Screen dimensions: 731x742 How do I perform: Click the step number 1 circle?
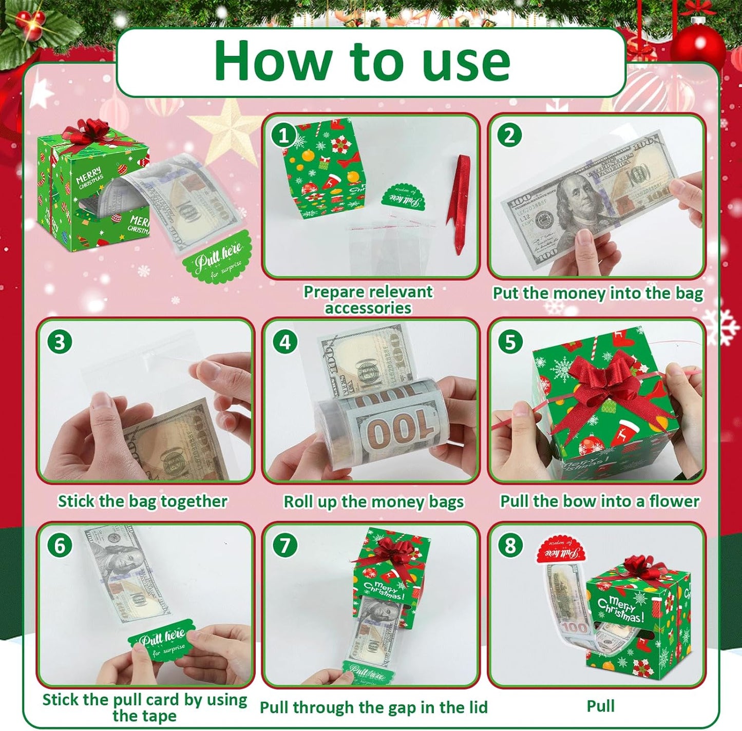pyautogui.click(x=283, y=136)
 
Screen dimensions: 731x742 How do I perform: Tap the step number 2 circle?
pyautogui.click(x=509, y=136)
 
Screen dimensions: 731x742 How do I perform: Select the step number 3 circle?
pyautogui.click(x=60, y=341)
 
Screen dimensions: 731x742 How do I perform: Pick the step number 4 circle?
pyautogui.click(x=285, y=341)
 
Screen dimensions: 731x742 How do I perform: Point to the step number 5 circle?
pyautogui.click(x=510, y=341)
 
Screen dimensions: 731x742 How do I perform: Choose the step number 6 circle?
pyautogui.click(x=60, y=545)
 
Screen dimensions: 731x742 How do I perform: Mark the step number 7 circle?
pyautogui.click(x=285, y=545)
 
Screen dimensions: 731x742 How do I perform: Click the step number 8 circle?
pyautogui.click(x=510, y=545)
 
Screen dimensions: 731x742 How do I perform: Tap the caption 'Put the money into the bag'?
pyautogui.click(x=598, y=293)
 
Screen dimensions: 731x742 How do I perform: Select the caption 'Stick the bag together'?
pyautogui.click(x=142, y=501)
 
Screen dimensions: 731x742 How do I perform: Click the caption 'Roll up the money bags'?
pyautogui.click(x=373, y=502)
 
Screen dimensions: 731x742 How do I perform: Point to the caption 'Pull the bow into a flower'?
pyautogui.click(x=600, y=501)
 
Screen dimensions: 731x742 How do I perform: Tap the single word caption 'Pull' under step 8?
pyautogui.click(x=600, y=706)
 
